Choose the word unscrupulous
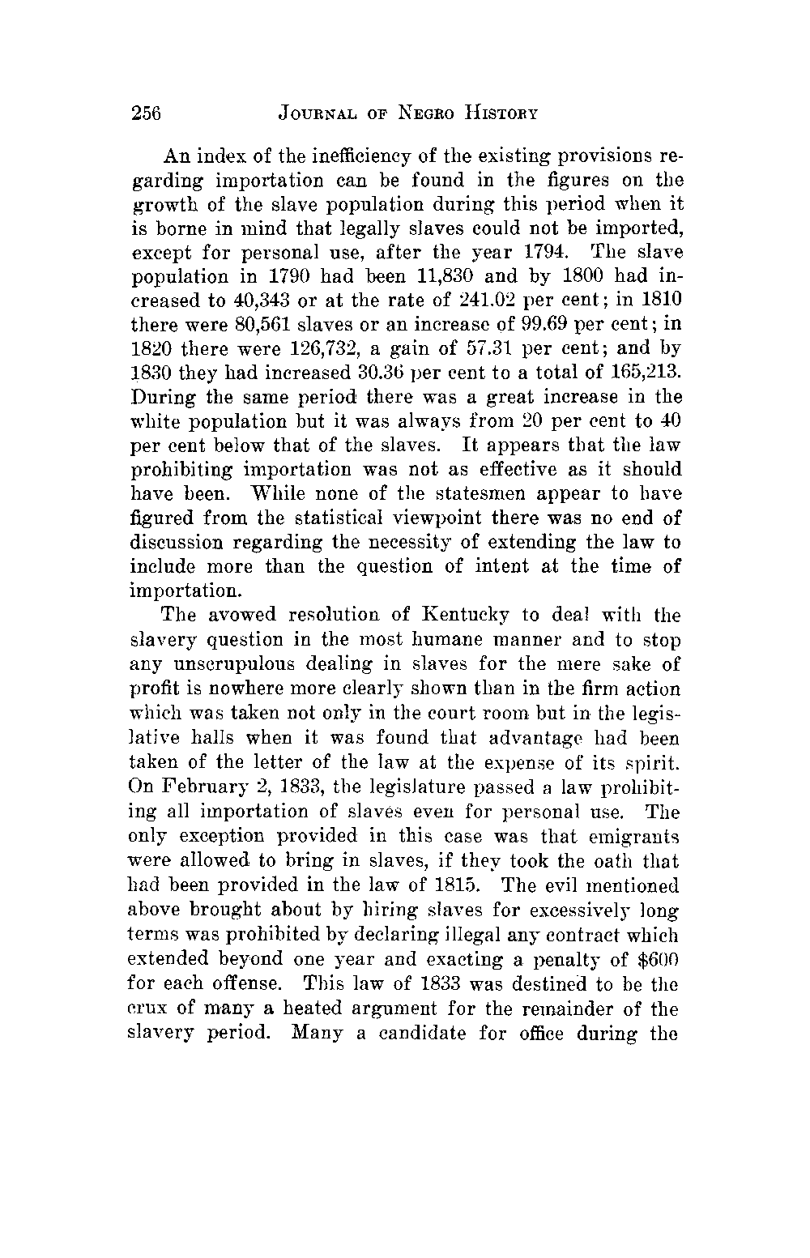click(x=225, y=664)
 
